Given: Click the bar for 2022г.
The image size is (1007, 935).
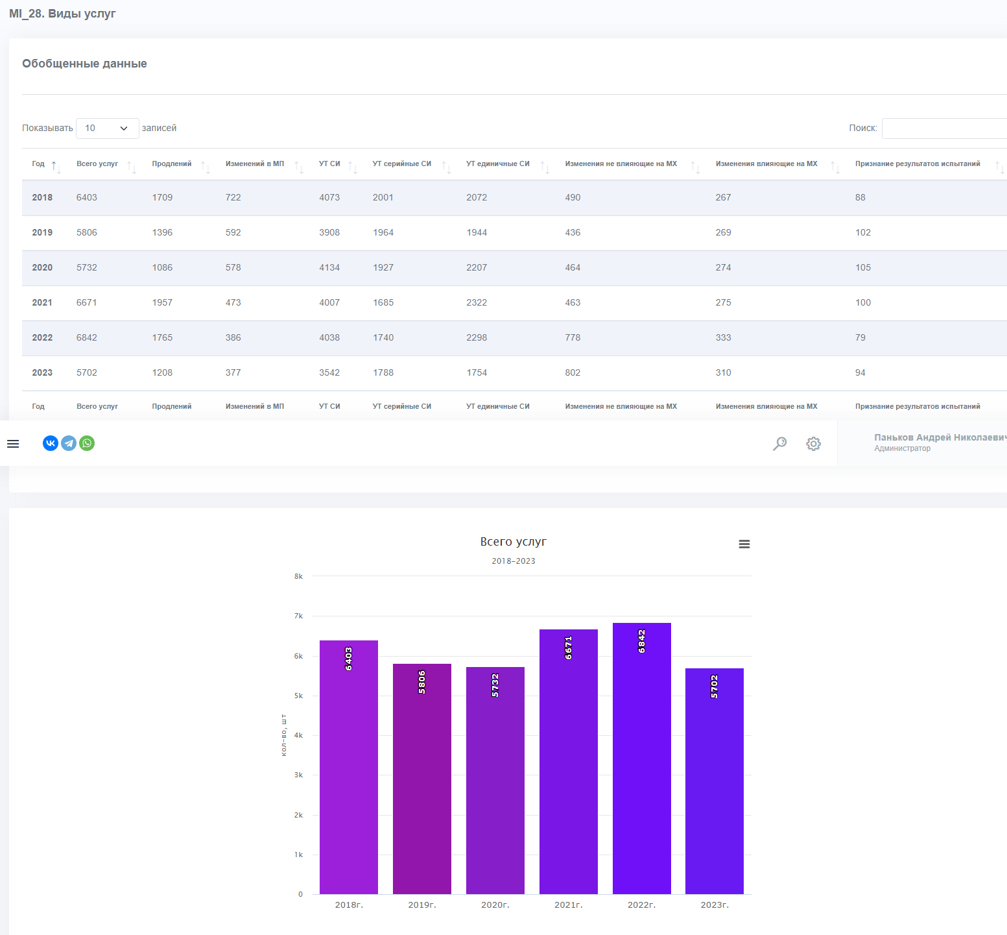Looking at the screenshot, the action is point(641,759).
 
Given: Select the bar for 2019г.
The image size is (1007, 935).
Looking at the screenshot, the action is point(422,779).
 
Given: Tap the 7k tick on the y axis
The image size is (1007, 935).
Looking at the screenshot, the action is point(298,616).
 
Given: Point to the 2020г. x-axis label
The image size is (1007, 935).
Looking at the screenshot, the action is point(495,905).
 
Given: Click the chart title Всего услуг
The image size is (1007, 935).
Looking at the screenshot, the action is point(514,541).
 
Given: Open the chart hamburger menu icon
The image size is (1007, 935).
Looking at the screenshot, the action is point(744,544).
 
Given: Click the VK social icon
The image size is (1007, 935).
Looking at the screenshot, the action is point(51,443).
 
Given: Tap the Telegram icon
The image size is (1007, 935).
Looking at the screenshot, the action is point(69,443).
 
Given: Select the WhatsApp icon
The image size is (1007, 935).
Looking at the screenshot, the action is point(87,443).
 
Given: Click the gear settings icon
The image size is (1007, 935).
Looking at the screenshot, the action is point(814,444).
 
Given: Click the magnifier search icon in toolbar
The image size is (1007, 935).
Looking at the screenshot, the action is point(780,444).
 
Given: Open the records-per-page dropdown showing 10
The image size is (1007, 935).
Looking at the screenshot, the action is point(108,128).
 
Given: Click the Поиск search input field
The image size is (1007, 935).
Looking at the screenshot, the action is point(944,128).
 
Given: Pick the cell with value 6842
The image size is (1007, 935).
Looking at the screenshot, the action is point(87,337).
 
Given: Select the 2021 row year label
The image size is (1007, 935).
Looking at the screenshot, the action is point(42,302).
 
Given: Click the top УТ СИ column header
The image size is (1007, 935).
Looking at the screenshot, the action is point(329,164).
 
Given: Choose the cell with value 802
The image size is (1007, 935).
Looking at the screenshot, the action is point(573,372).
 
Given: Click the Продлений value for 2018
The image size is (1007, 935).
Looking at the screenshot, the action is point(162,197).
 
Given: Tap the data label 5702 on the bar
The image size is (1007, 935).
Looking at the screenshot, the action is point(715,686).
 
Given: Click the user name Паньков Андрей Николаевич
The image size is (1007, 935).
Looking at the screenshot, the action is point(940,437).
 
